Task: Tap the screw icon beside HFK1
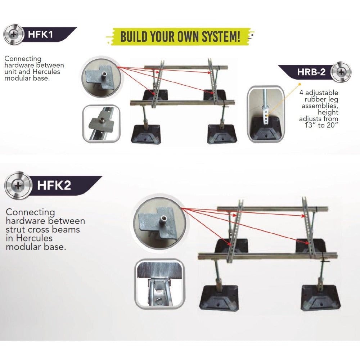pyautogui.click(x=13, y=35)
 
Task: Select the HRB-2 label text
pyautogui.click(x=311, y=72)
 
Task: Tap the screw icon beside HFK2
pyautogui.click(x=17, y=186)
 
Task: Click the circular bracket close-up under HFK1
pyautogui.click(x=101, y=79)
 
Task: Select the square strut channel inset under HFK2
pyautogui.click(x=159, y=284)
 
